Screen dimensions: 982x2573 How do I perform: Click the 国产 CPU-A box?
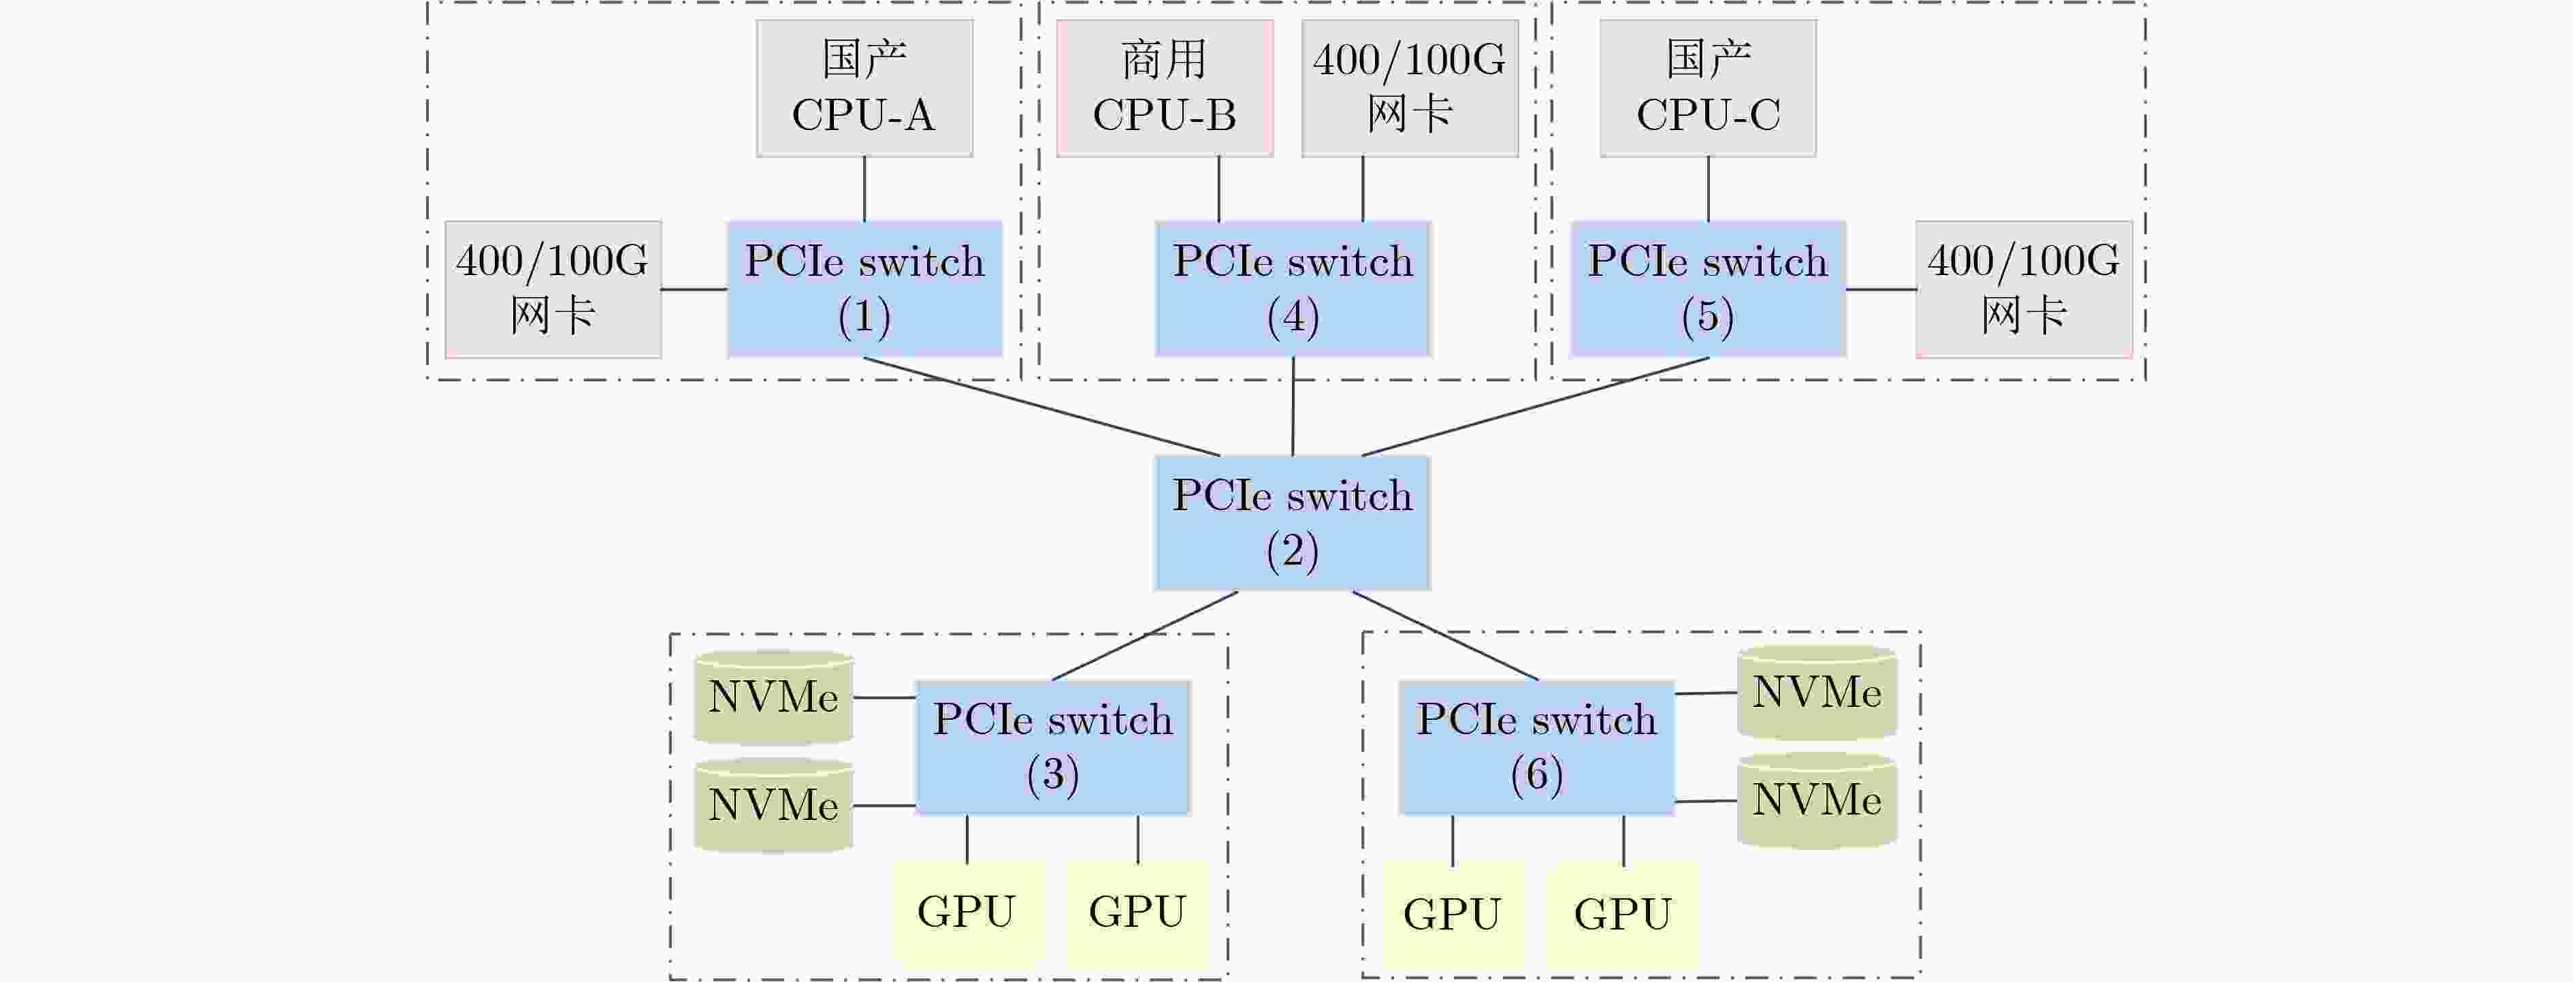point(864,88)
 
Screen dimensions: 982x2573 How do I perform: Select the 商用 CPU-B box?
point(1165,88)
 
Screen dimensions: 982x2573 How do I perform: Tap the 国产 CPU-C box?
point(1708,88)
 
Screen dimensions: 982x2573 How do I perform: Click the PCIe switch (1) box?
point(864,289)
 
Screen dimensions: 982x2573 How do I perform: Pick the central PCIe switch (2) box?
point(1293,522)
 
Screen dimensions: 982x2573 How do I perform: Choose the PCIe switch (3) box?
point(1053,747)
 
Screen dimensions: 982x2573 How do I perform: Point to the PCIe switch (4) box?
point(1293,289)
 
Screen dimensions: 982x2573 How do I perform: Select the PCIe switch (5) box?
point(1708,289)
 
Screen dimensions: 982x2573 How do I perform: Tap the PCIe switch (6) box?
point(1536,747)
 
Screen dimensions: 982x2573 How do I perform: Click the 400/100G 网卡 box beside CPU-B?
point(1409,88)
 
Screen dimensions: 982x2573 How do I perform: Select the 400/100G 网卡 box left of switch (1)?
point(552,289)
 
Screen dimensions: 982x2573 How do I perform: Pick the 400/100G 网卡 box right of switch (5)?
point(2024,289)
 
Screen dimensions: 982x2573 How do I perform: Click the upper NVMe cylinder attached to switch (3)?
point(773,697)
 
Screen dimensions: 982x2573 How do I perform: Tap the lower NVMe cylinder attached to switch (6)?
point(1817,800)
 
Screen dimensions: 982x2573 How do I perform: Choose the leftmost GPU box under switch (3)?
point(967,912)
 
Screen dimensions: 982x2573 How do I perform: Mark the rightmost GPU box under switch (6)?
point(1623,914)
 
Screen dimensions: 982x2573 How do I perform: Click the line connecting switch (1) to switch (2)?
point(1041,407)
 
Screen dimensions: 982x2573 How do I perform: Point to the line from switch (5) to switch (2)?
point(1535,407)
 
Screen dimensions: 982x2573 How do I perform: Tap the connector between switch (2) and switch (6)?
point(1445,635)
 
